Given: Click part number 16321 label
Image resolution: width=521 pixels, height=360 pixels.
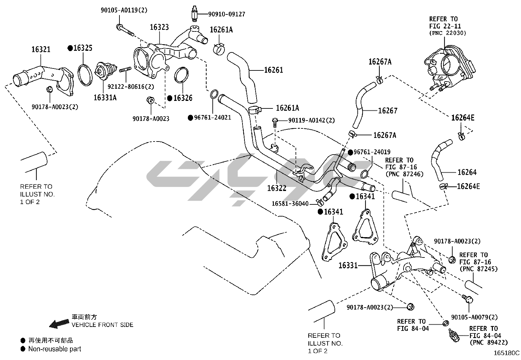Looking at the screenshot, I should pos(41,49).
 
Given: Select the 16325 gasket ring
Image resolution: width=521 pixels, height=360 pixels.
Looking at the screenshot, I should pos(84,75).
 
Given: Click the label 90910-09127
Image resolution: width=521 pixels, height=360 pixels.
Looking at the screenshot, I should pos(227,14).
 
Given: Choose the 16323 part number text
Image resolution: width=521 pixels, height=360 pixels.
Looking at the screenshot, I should pos(159,27).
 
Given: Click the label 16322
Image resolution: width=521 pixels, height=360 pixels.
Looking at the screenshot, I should pos(277,188).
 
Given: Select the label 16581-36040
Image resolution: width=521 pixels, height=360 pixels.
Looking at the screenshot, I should pos(290,204).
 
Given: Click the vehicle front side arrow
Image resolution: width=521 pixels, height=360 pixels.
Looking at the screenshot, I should pos(60,323).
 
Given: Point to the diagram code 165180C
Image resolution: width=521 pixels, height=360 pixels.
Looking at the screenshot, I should pos(507,353).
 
